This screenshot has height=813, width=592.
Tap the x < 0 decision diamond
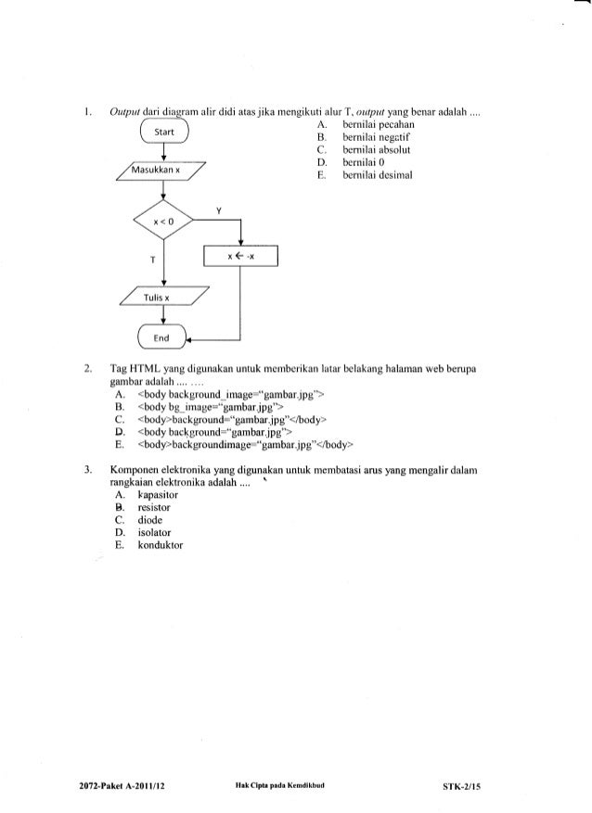(x=163, y=222)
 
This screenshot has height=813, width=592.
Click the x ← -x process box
(x=241, y=255)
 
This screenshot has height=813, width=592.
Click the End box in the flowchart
(x=162, y=337)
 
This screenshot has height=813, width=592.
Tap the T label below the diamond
(x=147, y=259)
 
